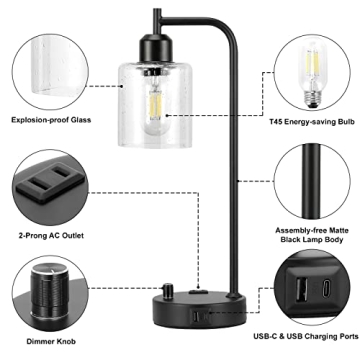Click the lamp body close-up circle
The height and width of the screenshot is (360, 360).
tap(312, 180)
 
